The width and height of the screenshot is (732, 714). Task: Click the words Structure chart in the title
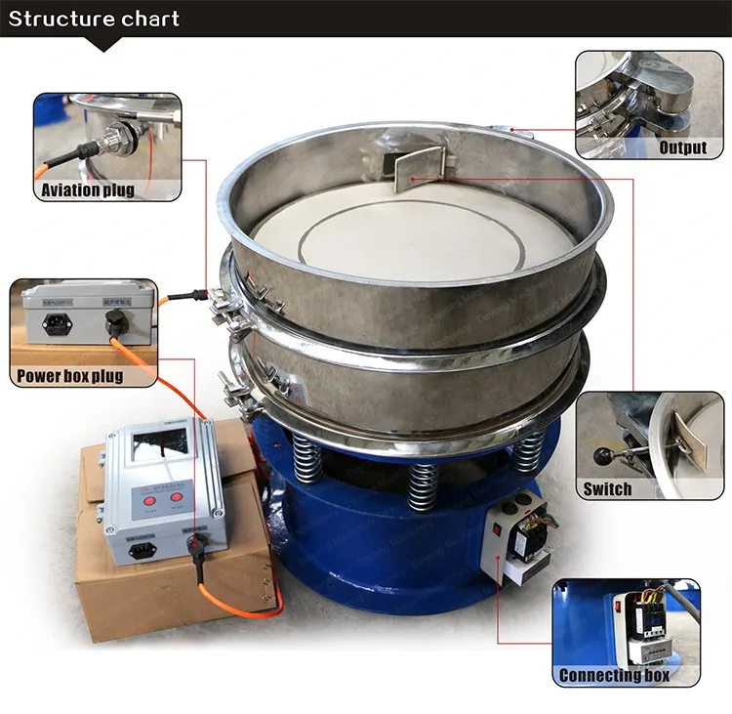95,19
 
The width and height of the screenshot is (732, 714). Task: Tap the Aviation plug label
86,189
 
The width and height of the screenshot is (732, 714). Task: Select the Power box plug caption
69,376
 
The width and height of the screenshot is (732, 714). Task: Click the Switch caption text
607,488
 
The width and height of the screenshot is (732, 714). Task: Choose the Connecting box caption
614,675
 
